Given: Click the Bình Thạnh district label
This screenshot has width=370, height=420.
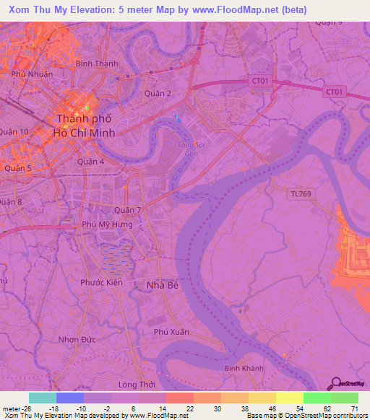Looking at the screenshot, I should click(x=97, y=64).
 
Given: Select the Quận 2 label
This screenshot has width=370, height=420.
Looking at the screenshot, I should click(x=158, y=93).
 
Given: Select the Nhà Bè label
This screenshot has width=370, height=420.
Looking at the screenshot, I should click(x=162, y=285).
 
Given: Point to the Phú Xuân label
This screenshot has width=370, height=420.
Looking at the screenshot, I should click(x=171, y=332).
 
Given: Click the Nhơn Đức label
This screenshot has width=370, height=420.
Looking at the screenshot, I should click(x=77, y=338).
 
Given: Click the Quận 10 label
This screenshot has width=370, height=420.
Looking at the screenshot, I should click(x=14, y=131).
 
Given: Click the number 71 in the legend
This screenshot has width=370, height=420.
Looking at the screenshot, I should click(x=354, y=408).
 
